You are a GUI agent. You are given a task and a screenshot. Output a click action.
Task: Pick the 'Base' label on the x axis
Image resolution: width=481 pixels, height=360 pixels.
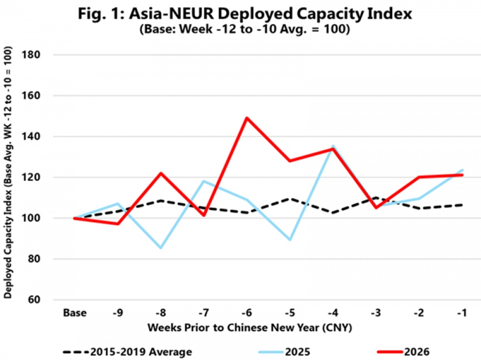[75, 313]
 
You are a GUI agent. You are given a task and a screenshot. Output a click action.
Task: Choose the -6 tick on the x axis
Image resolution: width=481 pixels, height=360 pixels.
[246, 313]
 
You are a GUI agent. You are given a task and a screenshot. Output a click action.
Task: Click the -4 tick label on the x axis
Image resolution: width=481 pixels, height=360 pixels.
[331, 313]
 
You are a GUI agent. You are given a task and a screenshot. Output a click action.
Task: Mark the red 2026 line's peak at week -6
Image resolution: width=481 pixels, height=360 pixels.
[246, 118]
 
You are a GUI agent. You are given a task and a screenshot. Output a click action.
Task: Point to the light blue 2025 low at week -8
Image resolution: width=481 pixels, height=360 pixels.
[160, 248]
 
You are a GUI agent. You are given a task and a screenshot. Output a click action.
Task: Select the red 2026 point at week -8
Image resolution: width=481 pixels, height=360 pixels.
[160, 173]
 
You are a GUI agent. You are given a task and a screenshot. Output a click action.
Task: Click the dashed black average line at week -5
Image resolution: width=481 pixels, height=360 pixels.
[289, 198]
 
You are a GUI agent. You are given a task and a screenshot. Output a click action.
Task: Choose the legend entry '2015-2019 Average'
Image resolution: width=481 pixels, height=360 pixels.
[127, 352]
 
